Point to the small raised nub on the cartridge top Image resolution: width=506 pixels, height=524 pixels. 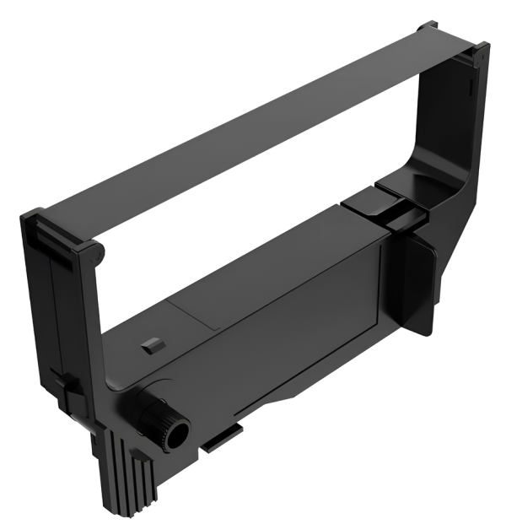(x=151, y=344)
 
